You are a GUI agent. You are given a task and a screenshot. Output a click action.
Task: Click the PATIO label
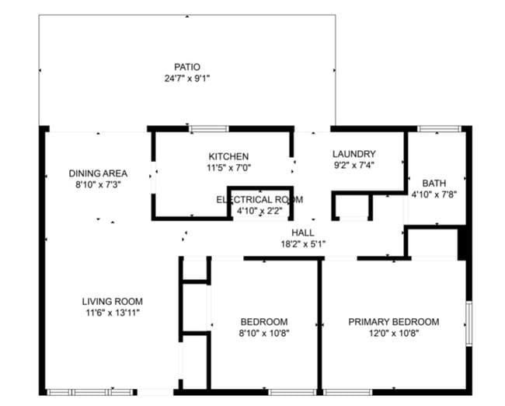coord(187,67)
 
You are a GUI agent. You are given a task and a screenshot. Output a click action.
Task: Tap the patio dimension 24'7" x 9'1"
coord(187,79)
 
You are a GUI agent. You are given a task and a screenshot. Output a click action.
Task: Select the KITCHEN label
coord(228,156)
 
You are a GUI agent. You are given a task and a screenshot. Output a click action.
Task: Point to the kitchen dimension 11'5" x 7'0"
coord(228,168)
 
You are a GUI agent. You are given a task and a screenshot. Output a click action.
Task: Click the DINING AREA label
coord(98,173)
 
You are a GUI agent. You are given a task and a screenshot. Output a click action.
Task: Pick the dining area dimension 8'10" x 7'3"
coord(98,185)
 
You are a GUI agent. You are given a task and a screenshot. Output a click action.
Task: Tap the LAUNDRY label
coord(354,154)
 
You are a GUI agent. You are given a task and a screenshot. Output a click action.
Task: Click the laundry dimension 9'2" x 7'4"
coord(354,165)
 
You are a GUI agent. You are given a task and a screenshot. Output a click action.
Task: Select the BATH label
coord(434,184)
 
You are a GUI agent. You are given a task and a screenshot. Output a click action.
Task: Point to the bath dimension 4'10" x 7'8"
coord(434,194)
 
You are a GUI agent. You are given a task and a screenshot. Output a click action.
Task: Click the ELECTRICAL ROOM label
coord(259,200)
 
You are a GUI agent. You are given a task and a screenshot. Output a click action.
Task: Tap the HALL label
coord(303,233)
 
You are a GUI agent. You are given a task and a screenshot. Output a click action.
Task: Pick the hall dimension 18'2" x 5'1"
coord(303,243)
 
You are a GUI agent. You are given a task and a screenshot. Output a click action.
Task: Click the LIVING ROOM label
coord(113,302)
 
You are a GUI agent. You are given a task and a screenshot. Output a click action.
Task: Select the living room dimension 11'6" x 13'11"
coord(113,313)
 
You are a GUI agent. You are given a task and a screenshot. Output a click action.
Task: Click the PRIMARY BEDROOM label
coord(394,322)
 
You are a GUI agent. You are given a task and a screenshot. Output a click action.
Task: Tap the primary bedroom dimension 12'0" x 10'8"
coord(394,333)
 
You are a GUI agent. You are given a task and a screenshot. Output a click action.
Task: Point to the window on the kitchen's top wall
coord(209,129)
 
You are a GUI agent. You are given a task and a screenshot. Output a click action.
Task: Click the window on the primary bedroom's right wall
coord(469,324)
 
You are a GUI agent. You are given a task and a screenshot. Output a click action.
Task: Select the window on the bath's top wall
coord(440,128)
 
